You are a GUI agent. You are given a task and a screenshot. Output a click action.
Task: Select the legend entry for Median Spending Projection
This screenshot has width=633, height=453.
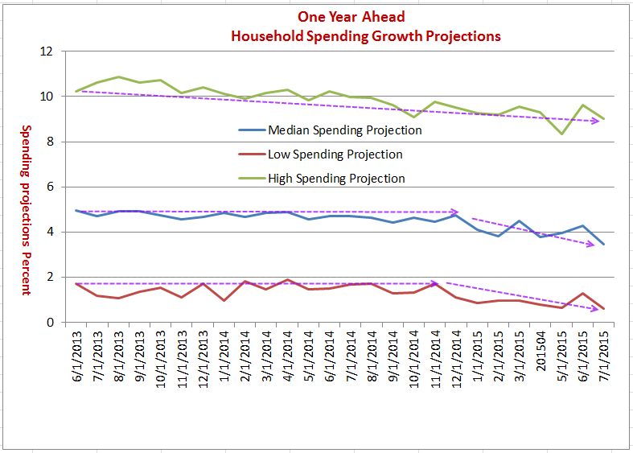344,130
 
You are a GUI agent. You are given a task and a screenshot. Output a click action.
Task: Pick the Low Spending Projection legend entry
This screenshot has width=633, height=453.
335,154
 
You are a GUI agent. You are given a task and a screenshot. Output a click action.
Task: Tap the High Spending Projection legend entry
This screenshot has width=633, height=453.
336,178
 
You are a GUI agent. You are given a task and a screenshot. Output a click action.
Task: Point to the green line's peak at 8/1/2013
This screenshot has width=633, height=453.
119,77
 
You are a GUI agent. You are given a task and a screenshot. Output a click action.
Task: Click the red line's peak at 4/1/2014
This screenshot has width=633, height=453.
288,280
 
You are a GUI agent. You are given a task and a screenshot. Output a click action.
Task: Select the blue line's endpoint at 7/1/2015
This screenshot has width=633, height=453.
603,244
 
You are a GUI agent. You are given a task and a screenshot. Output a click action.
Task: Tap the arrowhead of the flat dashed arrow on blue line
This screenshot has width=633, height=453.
455,212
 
